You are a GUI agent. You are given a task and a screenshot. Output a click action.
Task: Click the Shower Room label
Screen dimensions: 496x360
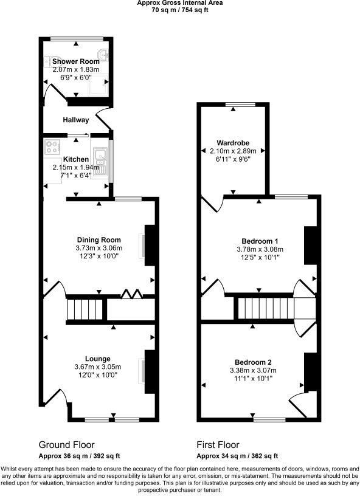tap(75, 62)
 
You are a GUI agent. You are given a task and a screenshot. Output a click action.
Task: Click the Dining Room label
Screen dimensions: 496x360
tap(99, 239)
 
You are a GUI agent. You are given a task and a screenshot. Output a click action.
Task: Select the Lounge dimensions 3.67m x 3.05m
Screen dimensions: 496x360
tap(99, 367)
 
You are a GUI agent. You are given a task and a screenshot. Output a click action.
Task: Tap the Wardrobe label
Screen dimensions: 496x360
tap(234, 143)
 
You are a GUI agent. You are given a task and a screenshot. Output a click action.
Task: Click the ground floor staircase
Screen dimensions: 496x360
tap(78, 308)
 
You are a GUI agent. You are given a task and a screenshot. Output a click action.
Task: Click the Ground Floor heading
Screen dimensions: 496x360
tap(66, 444)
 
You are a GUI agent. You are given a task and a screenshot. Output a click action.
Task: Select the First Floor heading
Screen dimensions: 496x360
tap(218, 444)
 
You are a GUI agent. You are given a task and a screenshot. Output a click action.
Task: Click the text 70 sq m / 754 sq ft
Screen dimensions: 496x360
tap(179, 10)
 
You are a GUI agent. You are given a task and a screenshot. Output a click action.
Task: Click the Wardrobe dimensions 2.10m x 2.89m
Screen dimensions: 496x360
tap(234, 151)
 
